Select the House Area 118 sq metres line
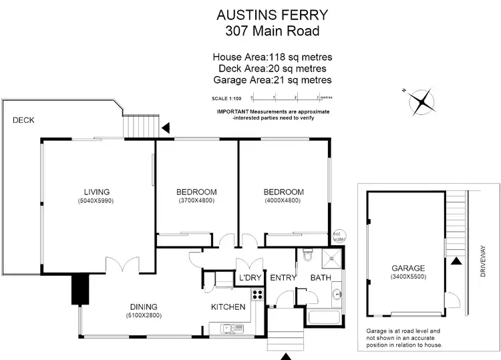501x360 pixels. coord(272,57)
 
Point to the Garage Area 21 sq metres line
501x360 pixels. coord(272,80)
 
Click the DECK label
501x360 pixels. coord(23,120)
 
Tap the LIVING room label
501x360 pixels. coord(97,192)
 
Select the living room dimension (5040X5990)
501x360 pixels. coord(97,201)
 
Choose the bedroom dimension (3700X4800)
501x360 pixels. coord(197,201)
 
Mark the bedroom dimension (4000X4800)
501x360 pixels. coord(283,201)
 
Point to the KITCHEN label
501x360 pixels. coord(228,307)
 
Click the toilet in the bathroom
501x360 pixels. coord(307,254)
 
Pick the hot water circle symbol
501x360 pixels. coord(337,234)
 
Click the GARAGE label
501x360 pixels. coord(409,268)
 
